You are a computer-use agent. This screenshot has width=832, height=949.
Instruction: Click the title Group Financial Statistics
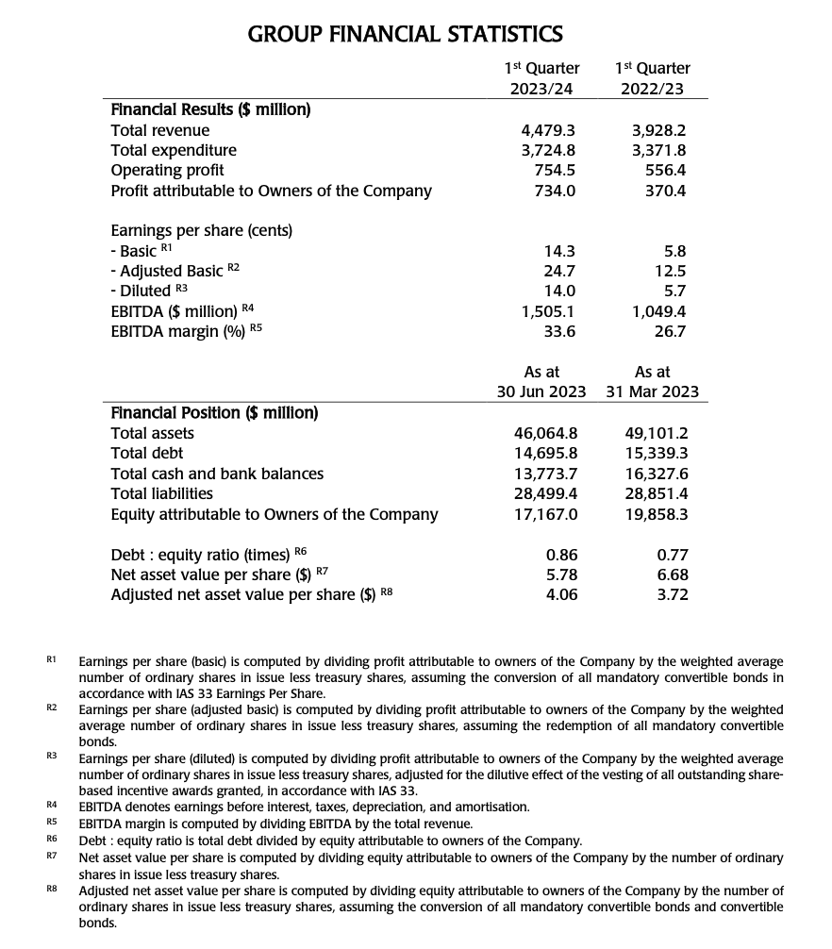[x=405, y=35]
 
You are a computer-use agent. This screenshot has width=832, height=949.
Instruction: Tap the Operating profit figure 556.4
[x=666, y=171]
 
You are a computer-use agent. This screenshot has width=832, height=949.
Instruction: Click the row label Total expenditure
[x=174, y=150]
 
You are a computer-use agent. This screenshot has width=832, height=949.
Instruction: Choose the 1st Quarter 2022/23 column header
[x=652, y=78]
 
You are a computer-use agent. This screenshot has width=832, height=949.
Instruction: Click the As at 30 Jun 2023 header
[x=541, y=382]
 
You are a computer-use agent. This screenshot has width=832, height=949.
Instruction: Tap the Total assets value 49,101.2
[x=657, y=434]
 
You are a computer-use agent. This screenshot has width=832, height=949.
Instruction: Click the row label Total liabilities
[x=162, y=493]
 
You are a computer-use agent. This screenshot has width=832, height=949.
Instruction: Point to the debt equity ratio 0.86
[x=562, y=555]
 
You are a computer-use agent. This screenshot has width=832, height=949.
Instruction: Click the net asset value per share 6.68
[x=672, y=574]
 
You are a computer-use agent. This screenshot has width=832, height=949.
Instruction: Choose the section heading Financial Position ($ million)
[x=214, y=412]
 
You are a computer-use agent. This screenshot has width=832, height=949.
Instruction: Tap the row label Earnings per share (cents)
[x=202, y=231]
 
